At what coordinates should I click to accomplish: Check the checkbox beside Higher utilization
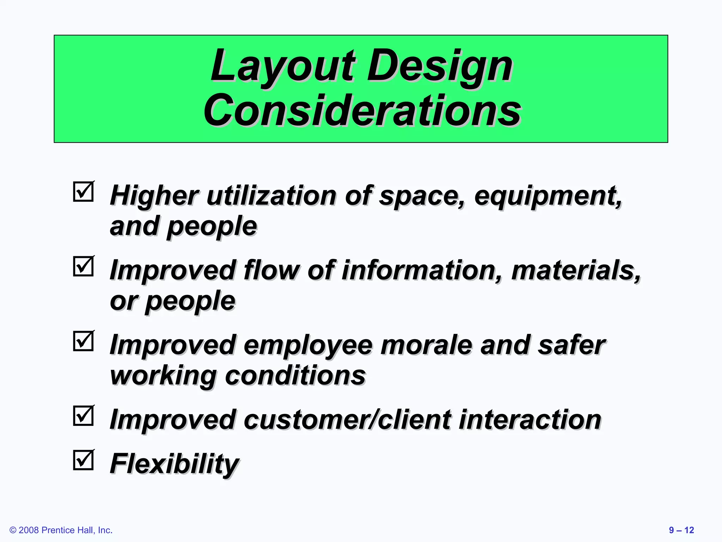[84, 192]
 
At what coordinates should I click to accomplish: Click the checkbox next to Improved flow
[84, 266]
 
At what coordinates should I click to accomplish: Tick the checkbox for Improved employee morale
[84, 341]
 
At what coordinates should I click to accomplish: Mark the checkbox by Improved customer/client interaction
[84, 416]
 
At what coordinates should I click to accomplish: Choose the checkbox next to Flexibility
[84, 460]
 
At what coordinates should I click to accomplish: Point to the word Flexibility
[174, 463]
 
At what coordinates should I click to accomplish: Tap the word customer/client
[347, 420]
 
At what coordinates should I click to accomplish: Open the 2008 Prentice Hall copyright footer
[61, 530]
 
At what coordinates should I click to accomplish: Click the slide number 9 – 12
[681, 530]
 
